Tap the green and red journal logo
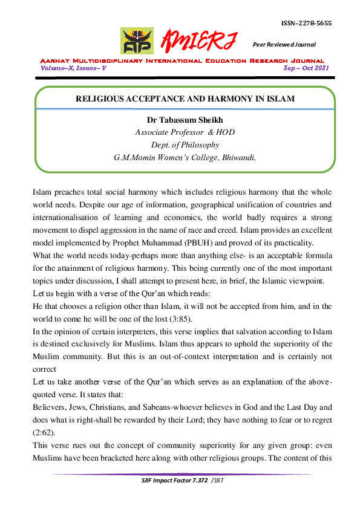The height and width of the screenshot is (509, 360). [137, 40]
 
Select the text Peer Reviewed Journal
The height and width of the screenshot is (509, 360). [284, 44]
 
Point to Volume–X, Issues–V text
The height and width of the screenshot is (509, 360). [73, 68]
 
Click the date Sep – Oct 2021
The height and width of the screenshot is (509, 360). [306, 68]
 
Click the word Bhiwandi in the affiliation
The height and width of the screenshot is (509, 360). [235, 157]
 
